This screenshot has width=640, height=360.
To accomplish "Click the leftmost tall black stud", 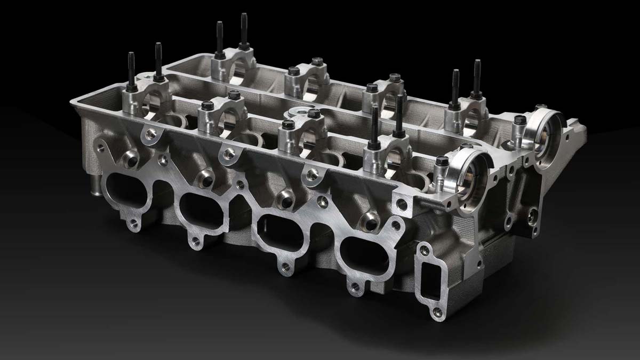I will (131, 69).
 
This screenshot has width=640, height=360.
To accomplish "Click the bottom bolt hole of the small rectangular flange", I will (438, 311).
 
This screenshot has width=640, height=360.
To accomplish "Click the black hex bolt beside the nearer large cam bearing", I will (441, 160).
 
